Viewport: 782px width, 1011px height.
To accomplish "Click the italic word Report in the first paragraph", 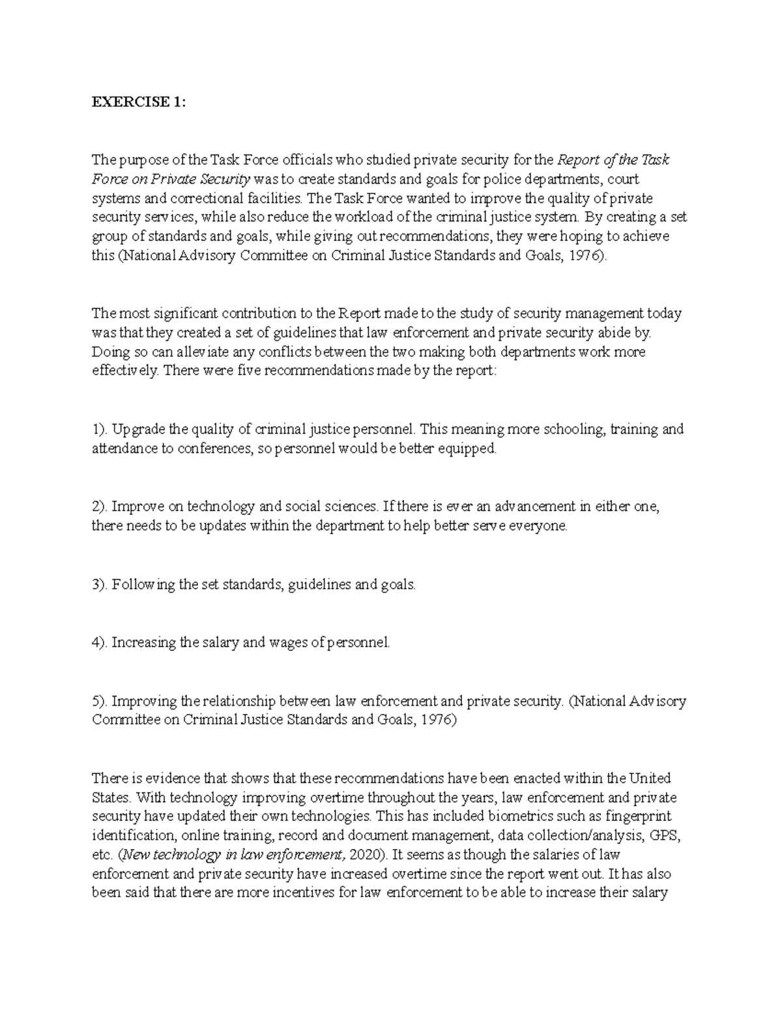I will (x=578, y=159).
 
